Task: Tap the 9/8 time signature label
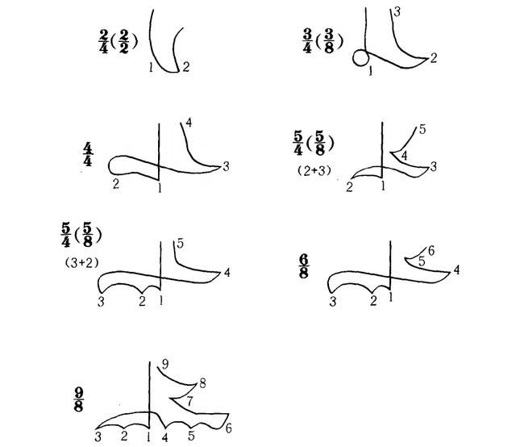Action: click(x=78, y=399)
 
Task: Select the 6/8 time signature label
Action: click(x=303, y=266)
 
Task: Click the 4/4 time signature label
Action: click(x=88, y=154)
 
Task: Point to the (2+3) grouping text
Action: click(x=314, y=170)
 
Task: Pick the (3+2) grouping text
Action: click(x=81, y=263)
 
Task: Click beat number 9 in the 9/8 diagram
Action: click(x=164, y=364)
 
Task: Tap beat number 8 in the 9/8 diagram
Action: click(x=202, y=383)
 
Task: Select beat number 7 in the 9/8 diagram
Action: click(x=189, y=401)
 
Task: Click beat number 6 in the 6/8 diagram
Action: click(x=431, y=251)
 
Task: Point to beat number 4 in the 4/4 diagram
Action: click(x=189, y=123)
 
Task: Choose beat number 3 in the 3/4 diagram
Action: click(x=397, y=12)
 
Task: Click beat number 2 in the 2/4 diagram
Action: click(x=186, y=67)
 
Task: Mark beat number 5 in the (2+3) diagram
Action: click(x=422, y=129)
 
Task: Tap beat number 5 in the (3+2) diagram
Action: click(x=180, y=244)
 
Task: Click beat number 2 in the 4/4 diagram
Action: click(x=115, y=184)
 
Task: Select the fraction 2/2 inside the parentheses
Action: click(x=123, y=42)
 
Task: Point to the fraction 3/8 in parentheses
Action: click(x=328, y=41)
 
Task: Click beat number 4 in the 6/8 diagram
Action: click(x=456, y=270)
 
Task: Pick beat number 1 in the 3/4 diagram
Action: click(x=371, y=70)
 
